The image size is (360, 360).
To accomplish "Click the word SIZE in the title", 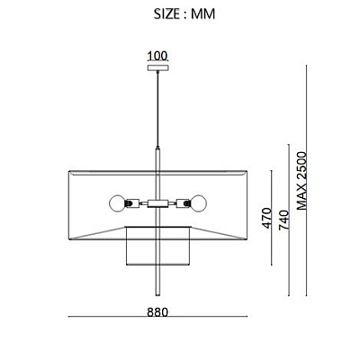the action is click(x=167, y=13).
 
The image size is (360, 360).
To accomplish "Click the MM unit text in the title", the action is click(x=203, y=13).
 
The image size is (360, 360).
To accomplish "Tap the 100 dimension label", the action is click(x=157, y=56).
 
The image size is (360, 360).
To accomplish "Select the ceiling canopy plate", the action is click(x=157, y=68).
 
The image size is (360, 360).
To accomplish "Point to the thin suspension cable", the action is click(x=157, y=109).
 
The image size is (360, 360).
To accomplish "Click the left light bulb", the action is click(x=117, y=203).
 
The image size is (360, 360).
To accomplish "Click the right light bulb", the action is click(x=199, y=203).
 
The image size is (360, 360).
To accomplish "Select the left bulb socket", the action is click(x=132, y=203).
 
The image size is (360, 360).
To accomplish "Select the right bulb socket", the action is click(x=184, y=203).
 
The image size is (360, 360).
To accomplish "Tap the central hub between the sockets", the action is click(x=157, y=203).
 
